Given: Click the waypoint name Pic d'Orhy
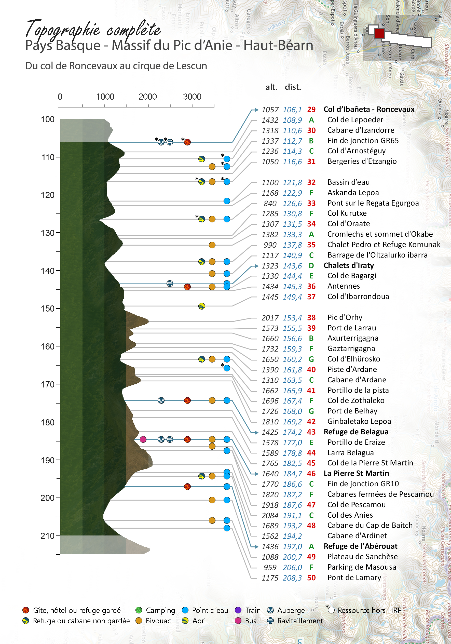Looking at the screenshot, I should tap(345, 317).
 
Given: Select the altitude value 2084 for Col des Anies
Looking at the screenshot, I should tap(270, 515).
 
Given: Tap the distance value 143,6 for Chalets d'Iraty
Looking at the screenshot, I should tap(292, 266).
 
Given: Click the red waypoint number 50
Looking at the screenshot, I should tap(311, 578).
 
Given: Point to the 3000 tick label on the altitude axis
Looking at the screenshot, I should tap(192, 97).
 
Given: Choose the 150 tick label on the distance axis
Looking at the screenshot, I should tap(47, 308).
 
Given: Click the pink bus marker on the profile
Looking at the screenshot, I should tap(143, 439).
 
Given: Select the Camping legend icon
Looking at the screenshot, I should tap(139, 610).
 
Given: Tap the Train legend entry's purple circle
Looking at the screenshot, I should tap(238, 610).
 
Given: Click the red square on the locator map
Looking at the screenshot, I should tap(379, 33).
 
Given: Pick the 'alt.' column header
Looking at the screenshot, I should tap(271, 87).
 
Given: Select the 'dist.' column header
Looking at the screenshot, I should tap(293, 87).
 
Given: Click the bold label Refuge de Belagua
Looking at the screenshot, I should tap(356, 432).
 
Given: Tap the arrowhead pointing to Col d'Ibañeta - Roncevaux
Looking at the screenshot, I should tap(255, 110).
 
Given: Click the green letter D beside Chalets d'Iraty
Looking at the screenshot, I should tap(311, 265).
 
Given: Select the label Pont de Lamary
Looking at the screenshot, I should tap(354, 578).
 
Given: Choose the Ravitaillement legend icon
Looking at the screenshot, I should tap(270, 621).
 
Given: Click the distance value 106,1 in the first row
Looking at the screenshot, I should tap(292, 110).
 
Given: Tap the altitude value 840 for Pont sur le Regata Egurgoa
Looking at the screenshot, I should tap(270, 203).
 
